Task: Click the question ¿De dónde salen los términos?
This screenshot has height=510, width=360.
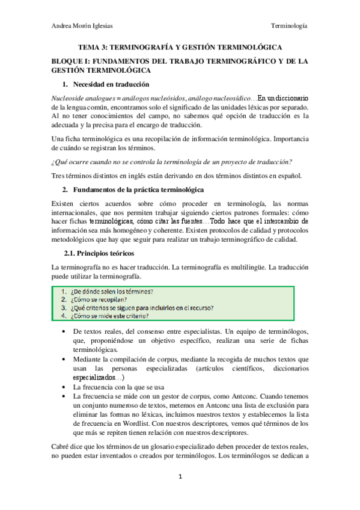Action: tap(112, 292)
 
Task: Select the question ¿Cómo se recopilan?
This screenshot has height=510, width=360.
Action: tap(97, 300)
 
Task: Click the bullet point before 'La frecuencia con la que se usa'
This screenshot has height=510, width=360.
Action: tap(65, 387)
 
